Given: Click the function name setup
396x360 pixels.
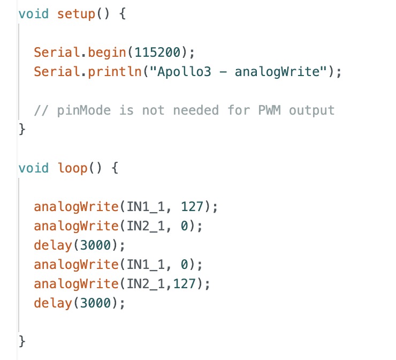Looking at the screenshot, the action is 76,14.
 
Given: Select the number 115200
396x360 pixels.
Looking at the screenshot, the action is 157,52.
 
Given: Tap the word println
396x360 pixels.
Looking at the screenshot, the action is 115,72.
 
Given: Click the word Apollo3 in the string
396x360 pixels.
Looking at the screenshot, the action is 184,72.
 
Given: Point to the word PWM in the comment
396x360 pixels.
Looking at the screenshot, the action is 269,110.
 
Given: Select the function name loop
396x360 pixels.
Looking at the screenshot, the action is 72,168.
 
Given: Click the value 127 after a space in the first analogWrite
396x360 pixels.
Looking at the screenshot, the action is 192,207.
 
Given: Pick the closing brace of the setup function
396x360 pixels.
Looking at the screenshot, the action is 22,129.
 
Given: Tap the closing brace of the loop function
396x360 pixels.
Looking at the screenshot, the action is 22,341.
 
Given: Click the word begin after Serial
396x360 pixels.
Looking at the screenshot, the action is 107,53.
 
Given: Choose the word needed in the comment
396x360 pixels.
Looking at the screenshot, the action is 196,110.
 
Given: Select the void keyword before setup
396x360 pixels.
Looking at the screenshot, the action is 34,13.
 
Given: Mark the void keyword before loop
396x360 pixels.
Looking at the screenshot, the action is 34,168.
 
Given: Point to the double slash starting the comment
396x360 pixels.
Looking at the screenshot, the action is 41,110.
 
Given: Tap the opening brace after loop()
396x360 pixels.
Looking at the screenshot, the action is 115,168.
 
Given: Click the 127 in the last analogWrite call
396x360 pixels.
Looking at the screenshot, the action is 185,283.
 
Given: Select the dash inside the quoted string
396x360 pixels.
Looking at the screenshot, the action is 223,72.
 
